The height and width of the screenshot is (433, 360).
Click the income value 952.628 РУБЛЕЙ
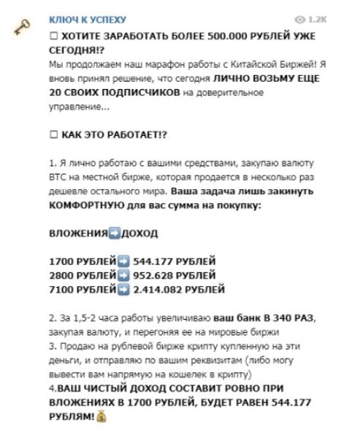point(174,276)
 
